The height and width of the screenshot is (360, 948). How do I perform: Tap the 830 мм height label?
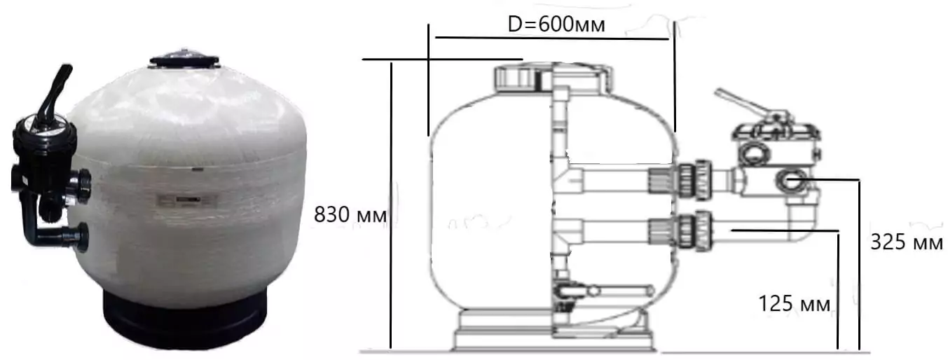coord(350,214)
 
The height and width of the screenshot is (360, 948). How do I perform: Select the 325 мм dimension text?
coord(906,242)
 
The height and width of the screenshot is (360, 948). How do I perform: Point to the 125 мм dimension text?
coord(794,304)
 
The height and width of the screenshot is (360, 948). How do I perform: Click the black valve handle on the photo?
coord(54,93)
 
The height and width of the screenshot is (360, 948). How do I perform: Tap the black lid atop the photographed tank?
coord(184,59)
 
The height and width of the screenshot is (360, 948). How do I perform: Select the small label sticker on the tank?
coord(186,200)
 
